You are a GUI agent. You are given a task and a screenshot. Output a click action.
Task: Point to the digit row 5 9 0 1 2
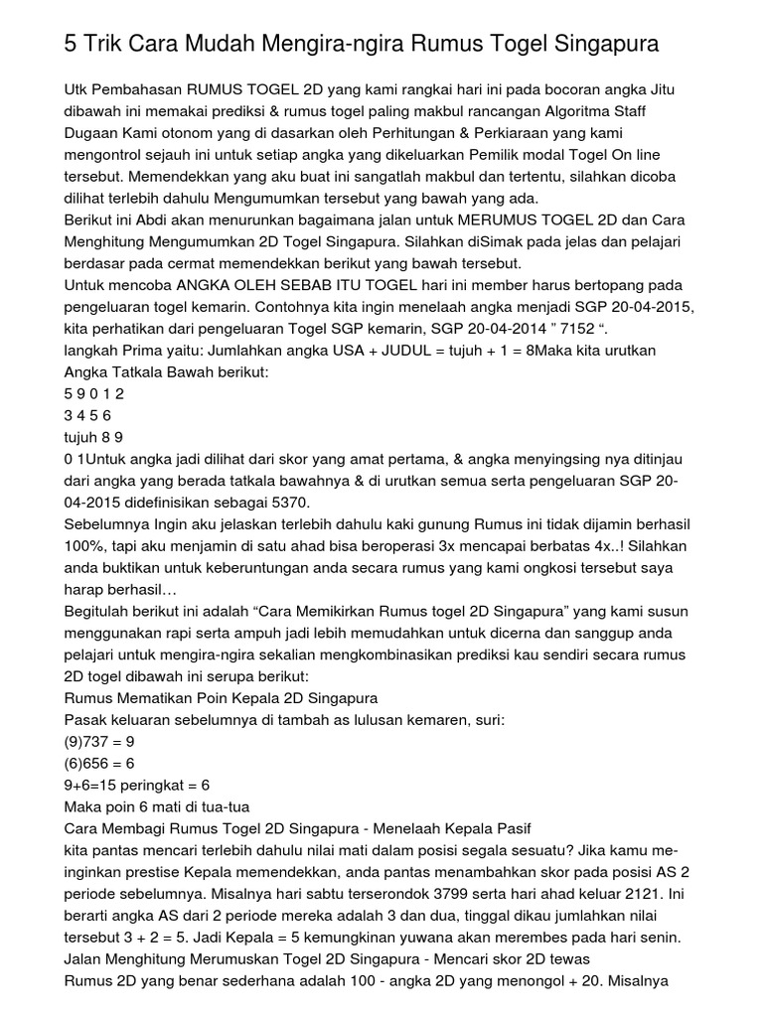pyautogui.click(x=94, y=394)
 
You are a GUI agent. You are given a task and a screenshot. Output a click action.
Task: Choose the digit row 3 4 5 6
pyautogui.click(x=87, y=416)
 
